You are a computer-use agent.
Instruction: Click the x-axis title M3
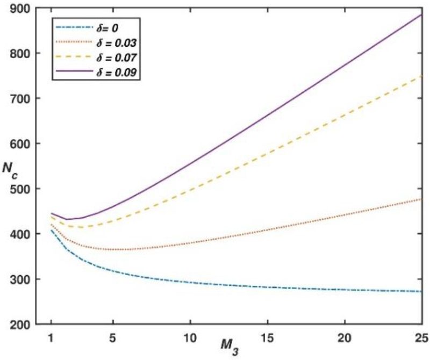(x=228, y=347)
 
